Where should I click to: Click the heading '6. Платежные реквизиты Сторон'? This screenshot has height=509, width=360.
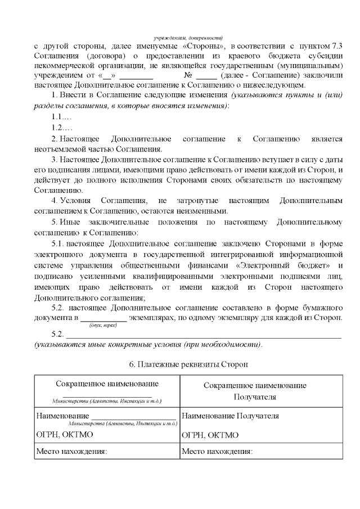tap(188, 364)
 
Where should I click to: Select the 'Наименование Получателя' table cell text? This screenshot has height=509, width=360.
tap(231, 416)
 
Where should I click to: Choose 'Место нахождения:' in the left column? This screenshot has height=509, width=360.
tap(71, 451)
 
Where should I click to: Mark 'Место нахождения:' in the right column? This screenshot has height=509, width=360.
tap(217, 451)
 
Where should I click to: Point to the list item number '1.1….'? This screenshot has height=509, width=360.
tap(61, 117)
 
